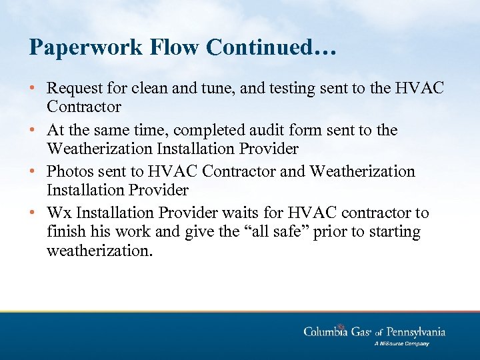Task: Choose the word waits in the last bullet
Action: click(241, 213)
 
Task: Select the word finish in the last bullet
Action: click(65, 232)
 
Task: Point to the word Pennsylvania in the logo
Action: click(414, 332)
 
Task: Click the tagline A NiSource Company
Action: click(401, 344)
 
